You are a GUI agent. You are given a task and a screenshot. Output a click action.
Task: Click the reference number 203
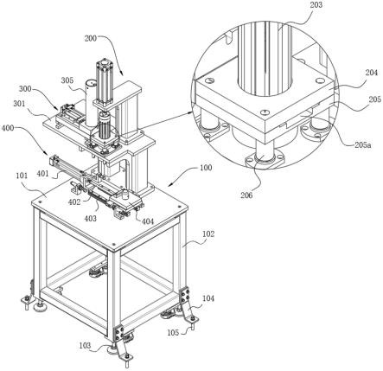pos(316,5)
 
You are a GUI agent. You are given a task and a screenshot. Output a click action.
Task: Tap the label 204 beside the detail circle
pos(372,73)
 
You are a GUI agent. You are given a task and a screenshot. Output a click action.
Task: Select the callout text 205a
pos(362,145)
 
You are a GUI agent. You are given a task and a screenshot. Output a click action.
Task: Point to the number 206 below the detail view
pos(246,195)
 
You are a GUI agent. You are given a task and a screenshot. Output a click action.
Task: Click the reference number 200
pos(91,38)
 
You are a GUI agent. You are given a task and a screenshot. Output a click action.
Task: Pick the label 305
pos(67,80)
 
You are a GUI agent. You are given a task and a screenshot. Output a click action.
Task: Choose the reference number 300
pos(25,89)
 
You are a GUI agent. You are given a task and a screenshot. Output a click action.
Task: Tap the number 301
pos(19,104)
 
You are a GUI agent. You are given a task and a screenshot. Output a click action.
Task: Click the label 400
pos(8,127)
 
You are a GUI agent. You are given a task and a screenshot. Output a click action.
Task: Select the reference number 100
pos(206,168)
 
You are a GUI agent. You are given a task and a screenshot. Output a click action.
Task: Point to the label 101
pos(22,176)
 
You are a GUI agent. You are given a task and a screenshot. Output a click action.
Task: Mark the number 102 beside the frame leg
pos(208,233)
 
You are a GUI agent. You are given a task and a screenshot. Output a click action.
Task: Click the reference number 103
pos(85,345)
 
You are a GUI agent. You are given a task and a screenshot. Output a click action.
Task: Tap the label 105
pos(173,333)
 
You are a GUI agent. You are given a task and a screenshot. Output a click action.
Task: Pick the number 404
pos(148,221)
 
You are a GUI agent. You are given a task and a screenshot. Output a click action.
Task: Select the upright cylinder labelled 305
pos(91,103)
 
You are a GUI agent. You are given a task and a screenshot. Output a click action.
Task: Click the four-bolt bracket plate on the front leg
pos(118,333)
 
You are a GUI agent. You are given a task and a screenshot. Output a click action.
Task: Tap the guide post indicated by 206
pos(265,151)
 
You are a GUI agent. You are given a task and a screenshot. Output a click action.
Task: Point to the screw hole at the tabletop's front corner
pos(114,244)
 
